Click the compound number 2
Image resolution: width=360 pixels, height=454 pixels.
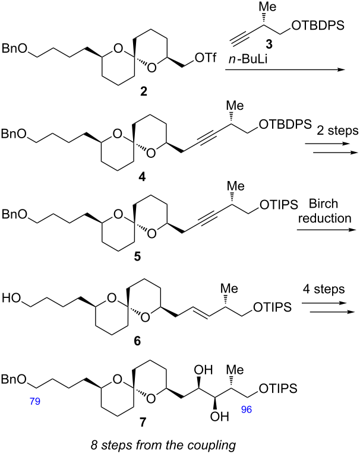pos(144,92)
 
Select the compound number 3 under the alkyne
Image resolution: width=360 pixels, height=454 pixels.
pos(269,44)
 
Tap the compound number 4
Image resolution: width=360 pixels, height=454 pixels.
pos(143,176)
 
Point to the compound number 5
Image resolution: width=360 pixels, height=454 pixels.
pos(137,256)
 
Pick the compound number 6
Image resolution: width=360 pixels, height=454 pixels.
pos(137,341)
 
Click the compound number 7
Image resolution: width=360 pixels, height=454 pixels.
pos(143,423)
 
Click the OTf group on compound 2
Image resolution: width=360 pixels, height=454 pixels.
pos(206,58)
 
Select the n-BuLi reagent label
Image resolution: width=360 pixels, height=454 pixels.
pos(248,60)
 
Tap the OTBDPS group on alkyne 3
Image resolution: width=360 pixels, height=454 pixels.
pos(318,26)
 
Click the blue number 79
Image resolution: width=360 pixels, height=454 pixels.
pos(35,401)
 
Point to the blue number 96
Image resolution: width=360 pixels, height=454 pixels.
pos(247,409)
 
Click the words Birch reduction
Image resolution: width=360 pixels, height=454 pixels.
pos(324,211)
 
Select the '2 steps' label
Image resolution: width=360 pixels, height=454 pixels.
pos(337,131)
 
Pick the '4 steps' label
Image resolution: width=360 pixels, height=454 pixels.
pos(324,289)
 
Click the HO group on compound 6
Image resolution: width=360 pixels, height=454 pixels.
pos(12,298)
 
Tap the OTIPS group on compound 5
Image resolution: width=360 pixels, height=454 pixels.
pos(279,205)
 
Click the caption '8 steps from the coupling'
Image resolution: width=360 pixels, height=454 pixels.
pos(163,445)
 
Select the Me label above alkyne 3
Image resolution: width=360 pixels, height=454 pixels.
pos(267,7)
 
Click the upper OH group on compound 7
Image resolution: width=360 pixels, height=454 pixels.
pos(203,370)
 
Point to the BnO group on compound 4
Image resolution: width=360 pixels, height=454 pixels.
pos(14,134)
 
